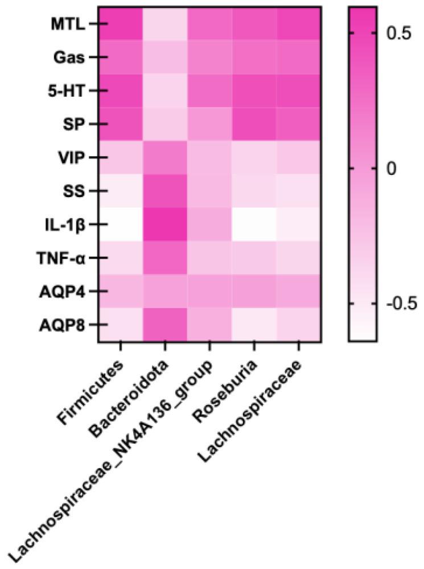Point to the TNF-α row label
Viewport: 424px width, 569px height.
click(67, 257)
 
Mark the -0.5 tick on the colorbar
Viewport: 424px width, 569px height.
click(398, 303)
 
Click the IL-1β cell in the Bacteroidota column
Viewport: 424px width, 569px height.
click(165, 224)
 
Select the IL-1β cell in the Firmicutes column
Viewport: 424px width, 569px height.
click(120, 224)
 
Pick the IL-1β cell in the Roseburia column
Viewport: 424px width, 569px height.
click(254, 224)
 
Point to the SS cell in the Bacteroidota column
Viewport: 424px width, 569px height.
click(165, 191)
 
